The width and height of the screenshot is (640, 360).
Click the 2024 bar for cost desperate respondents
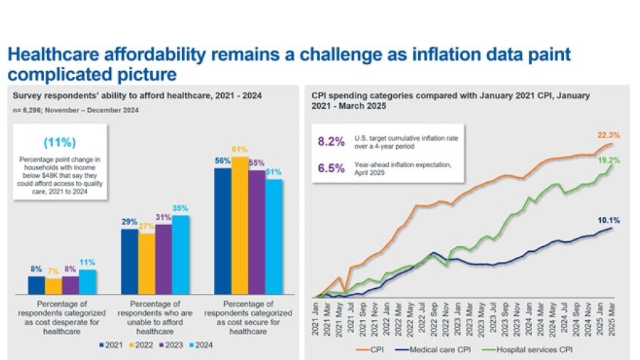click(x=87, y=282)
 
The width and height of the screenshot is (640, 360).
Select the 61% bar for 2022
click(x=240, y=226)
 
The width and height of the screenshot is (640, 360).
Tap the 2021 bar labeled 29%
click(x=129, y=261)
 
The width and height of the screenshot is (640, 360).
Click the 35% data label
click(x=181, y=208)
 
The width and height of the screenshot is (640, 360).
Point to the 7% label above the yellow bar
click(x=53, y=272)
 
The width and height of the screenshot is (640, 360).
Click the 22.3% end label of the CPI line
click(x=609, y=135)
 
